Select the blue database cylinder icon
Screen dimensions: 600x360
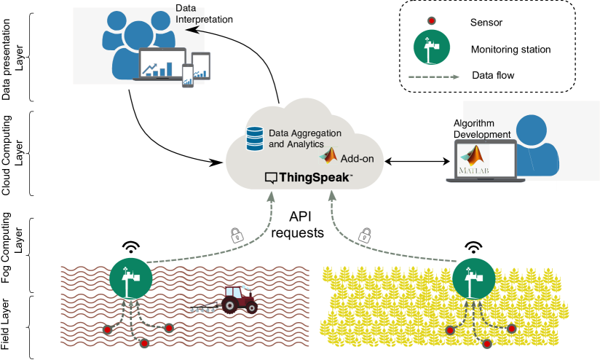click(255, 138)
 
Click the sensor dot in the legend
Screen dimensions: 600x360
click(431, 20)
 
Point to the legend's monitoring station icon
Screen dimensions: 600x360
click(432, 47)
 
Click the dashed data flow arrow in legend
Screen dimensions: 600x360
click(434, 77)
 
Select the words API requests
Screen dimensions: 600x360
click(298, 224)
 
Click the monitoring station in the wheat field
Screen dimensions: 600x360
click(474, 278)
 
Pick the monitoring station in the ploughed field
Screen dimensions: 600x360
click(131, 278)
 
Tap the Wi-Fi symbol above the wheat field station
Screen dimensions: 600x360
click(474, 247)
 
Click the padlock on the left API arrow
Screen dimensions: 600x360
click(237, 235)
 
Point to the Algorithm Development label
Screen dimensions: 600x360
click(482, 129)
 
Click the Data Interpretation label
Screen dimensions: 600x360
click(204, 14)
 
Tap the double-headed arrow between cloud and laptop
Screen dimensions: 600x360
click(417, 162)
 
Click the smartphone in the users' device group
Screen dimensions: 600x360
click(188, 76)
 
